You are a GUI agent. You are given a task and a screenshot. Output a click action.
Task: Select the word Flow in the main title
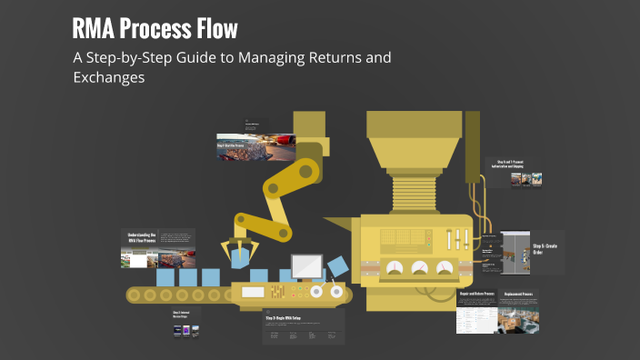[215, 28]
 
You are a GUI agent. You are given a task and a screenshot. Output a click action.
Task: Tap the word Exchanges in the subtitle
[109, 78]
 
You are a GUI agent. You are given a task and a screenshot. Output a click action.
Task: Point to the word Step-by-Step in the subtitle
[133, 58]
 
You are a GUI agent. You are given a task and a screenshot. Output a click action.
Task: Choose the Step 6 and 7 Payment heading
[509, 164]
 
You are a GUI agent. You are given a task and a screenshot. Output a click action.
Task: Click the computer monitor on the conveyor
[304, 266]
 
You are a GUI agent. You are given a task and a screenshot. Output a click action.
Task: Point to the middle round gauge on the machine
[420, 268]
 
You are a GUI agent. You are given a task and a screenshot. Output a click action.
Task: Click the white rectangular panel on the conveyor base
[252, 293]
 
